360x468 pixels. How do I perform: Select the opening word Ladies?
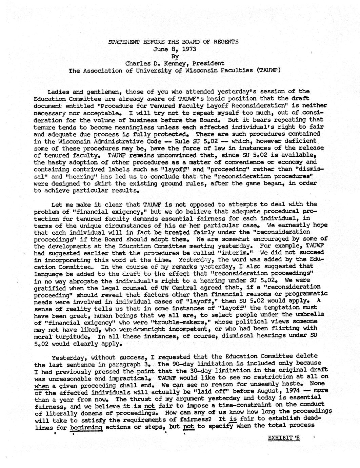tap(58, 92)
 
